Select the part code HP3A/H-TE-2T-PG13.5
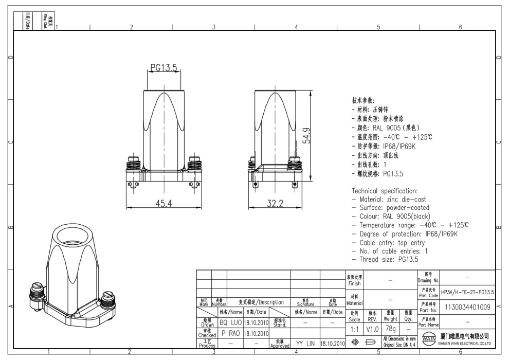pos(468,292)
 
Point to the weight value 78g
pos(390,328)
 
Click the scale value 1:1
pos(355,328)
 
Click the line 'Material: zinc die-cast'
pos(385,200)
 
